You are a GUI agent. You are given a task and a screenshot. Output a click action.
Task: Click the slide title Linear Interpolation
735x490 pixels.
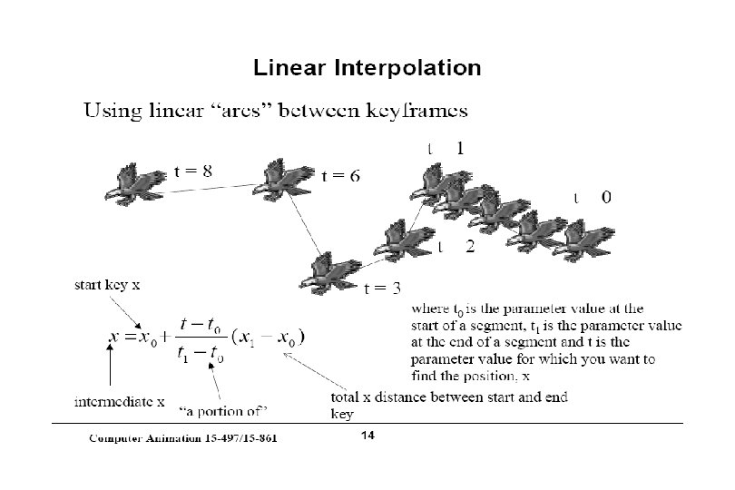click(x=367, y=68)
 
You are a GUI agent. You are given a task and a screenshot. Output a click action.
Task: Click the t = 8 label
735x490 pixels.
click(x=193, y=170)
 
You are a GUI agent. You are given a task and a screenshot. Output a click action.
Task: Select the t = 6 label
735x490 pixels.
click(x=341, y=176)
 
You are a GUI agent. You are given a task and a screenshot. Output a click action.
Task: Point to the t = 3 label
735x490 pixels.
click(x=382, y=289)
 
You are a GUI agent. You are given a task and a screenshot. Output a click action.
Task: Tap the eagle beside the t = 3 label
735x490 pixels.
click(x=335, y=269)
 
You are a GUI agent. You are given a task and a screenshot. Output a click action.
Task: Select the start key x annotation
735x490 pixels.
click(x=107, y=285)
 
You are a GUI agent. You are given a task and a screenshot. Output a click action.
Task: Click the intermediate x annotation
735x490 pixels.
click(x=119, y=399)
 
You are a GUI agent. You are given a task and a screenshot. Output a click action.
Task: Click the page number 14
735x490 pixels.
click(x=367, y=436)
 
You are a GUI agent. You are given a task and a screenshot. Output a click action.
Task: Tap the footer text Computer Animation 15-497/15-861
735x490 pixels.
click(x=182, y=438)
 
